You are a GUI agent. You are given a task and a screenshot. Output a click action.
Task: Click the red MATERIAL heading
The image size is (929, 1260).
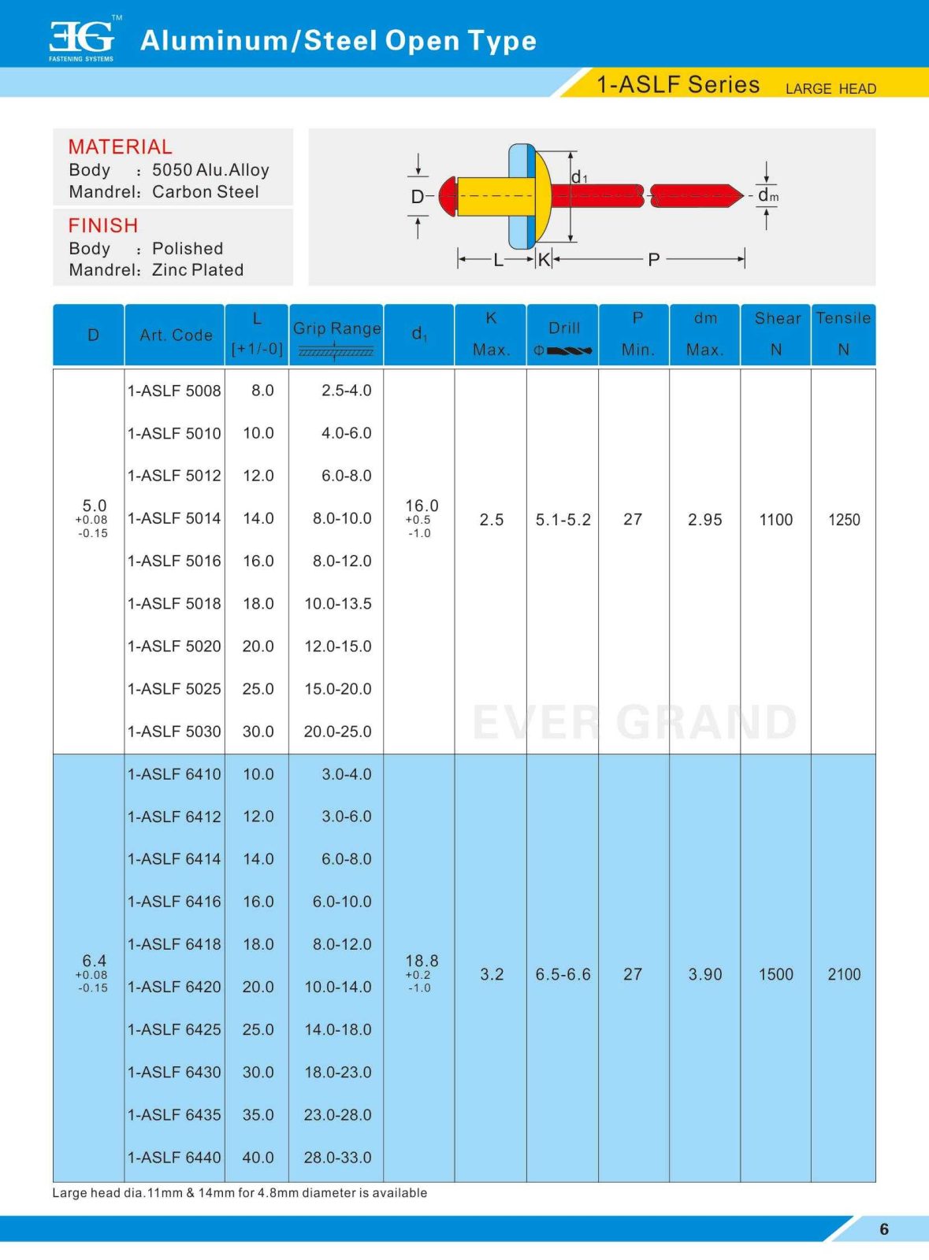[x=120, y=147]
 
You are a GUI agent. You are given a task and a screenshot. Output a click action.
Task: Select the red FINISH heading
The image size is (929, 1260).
[x=102, y=226]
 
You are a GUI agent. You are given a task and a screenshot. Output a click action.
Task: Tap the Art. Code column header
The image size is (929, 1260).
[x=176, y=335]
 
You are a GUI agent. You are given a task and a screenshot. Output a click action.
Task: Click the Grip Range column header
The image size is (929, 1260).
[x=336, y=329]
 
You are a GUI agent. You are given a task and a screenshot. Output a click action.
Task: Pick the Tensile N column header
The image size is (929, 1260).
[x=843, y=334]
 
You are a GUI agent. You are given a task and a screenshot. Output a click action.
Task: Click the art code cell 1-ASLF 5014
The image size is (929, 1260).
[x=174, y=519]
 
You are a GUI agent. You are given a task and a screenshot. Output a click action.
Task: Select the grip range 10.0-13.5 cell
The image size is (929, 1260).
[x=338, y=604]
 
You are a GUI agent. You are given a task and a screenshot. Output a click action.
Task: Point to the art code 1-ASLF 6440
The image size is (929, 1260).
[x=174, y=1158]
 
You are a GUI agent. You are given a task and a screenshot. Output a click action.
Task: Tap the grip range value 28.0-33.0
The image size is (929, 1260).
[x=338, y=1158]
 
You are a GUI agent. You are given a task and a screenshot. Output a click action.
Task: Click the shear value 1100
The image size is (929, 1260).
[x=775, y=520]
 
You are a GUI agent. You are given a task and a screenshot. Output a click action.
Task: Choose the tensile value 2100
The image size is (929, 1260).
[x=844, y=975]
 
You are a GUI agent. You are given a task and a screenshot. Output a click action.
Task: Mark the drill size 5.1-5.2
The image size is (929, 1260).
[x=563, y=520]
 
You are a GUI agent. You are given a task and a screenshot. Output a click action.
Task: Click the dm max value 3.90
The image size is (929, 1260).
[x=704, y=975]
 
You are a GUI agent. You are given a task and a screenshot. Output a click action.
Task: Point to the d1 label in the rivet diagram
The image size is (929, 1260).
[x=579, y=178]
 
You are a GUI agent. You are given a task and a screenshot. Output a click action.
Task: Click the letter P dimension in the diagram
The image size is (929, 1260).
[x=653, y=260]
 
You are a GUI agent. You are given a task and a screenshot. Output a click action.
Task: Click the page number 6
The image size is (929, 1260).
[x=884, y=1229]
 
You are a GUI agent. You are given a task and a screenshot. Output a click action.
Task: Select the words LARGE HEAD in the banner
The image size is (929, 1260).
[x=831, y=89]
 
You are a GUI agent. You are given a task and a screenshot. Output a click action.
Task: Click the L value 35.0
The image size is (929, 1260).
[x=258, y=1115]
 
